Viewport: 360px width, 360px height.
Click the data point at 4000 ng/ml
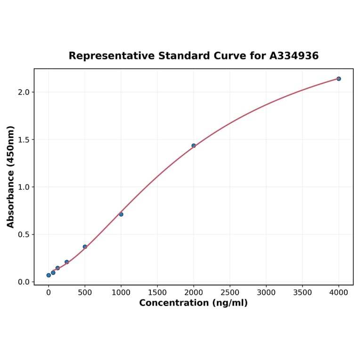coord(338,79)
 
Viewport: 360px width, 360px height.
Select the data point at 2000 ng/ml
coord(194,146)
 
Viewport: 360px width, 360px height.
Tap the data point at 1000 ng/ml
coord(121,214)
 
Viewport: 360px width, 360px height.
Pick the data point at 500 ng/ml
coord(85,246)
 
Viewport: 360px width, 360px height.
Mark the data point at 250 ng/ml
coord(66,262)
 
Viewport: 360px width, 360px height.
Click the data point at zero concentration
coord(49,275)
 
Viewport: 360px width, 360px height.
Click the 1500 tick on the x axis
coord(157,293)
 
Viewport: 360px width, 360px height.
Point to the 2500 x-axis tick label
coord(230,293)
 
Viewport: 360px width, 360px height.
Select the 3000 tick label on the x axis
coord(266,293)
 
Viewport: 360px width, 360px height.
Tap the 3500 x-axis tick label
coord(303,293)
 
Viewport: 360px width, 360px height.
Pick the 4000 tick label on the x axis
coord(339,293)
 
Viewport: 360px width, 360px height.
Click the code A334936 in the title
coord(294,56)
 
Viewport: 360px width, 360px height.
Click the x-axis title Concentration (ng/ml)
coord(193,303)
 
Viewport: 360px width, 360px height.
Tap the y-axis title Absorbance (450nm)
coord(11,177)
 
